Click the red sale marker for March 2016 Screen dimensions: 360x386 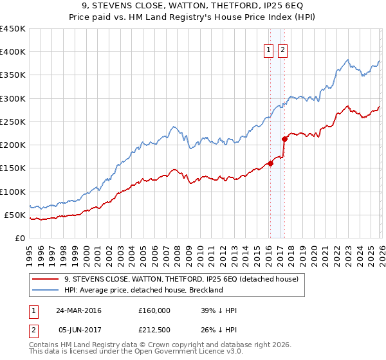click(x=270, y=163)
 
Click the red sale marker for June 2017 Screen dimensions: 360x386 click(x=284, y=138)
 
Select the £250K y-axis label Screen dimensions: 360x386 click(x=13, y=122)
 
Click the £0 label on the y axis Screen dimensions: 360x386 click(x=19, y=238)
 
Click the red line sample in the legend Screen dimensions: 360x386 click(x=45, y=280)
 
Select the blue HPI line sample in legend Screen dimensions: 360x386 click(x=45, y=291)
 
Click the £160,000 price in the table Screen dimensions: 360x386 click(x=154, y=310)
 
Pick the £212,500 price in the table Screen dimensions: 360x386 click(x=154, y=331)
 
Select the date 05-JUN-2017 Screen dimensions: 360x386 click(x=78, y=331)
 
